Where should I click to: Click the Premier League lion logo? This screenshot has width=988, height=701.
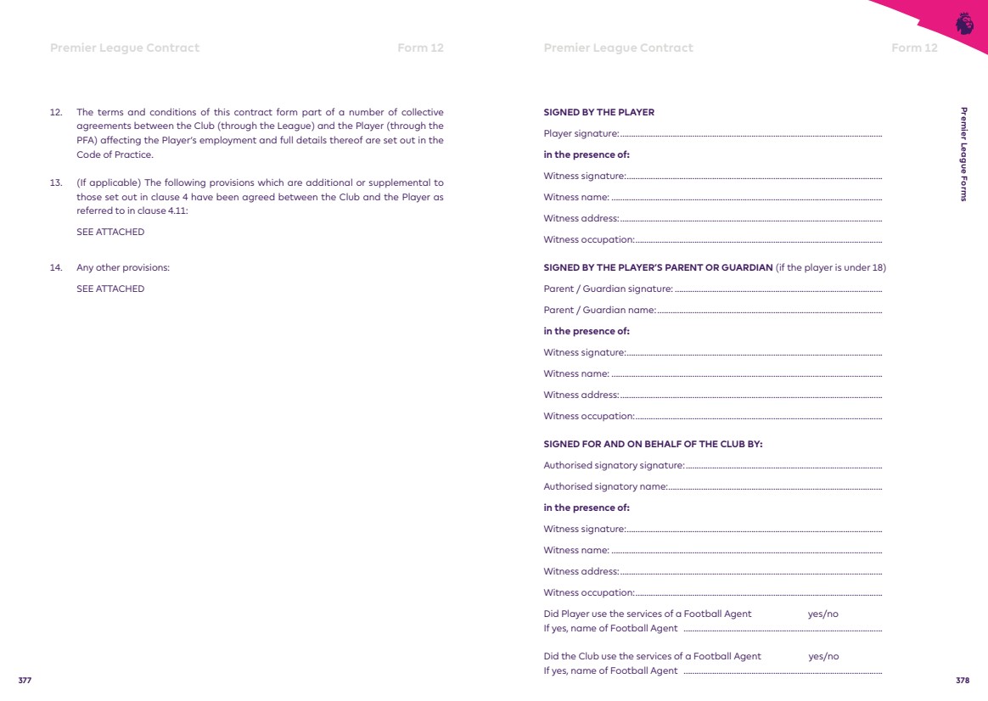click(964, 24)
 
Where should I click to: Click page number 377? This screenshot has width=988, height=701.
click(25, 681)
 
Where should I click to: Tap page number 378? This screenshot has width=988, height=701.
click(962, 681)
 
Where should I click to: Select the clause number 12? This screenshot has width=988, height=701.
click(56, 112)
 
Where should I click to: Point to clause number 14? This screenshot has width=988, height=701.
click(56, 268)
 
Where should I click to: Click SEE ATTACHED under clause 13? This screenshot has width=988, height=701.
click(110, 232)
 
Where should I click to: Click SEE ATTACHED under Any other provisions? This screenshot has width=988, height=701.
click(110, 289)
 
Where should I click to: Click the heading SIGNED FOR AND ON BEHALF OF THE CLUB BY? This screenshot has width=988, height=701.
click(653, 444)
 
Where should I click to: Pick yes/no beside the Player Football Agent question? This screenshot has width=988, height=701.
click(823, 614)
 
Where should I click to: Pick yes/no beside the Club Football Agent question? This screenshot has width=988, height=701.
click(823, 656)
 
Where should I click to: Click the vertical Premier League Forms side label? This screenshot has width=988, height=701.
click(963, 154)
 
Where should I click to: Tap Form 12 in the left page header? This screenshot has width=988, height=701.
click(420, 48)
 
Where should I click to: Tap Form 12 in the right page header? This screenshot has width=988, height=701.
click(914, 48)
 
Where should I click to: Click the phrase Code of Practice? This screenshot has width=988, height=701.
click(115, 154)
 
